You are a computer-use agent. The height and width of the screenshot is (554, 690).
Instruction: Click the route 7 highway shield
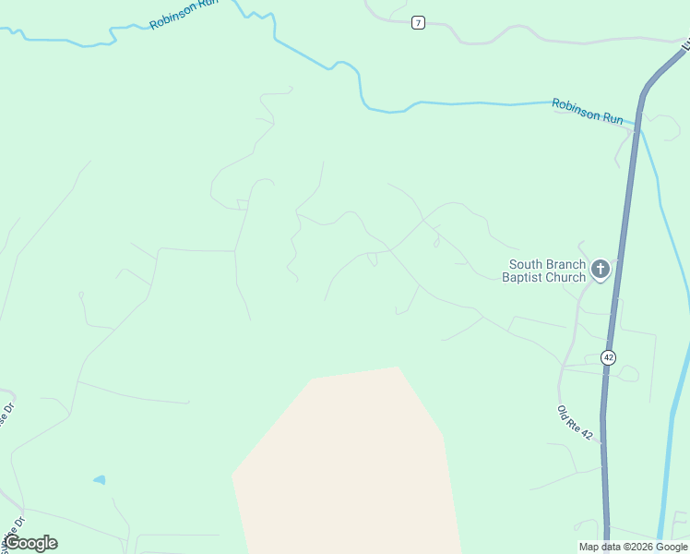tap(419, 22)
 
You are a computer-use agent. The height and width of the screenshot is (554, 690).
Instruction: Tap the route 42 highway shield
tap(608, 357)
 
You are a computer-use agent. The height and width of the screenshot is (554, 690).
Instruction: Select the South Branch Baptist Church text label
tap(544, 271)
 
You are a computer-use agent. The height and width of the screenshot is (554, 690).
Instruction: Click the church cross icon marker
tap(601, 270)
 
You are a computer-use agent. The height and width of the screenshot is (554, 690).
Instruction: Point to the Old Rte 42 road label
tap(574, 422)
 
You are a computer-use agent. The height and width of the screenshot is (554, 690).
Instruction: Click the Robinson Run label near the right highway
tap(588, 111)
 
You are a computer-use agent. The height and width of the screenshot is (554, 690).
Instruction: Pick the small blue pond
tap(99, 480)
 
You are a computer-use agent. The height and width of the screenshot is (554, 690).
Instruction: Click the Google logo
tap(30, 543)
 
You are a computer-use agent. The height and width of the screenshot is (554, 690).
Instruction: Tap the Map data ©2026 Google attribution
tap(633, 547)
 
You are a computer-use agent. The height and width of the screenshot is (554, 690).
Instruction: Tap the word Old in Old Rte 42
tap(562, 410)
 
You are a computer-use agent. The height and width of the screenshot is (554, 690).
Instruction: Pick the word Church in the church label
tap(565, 277)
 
